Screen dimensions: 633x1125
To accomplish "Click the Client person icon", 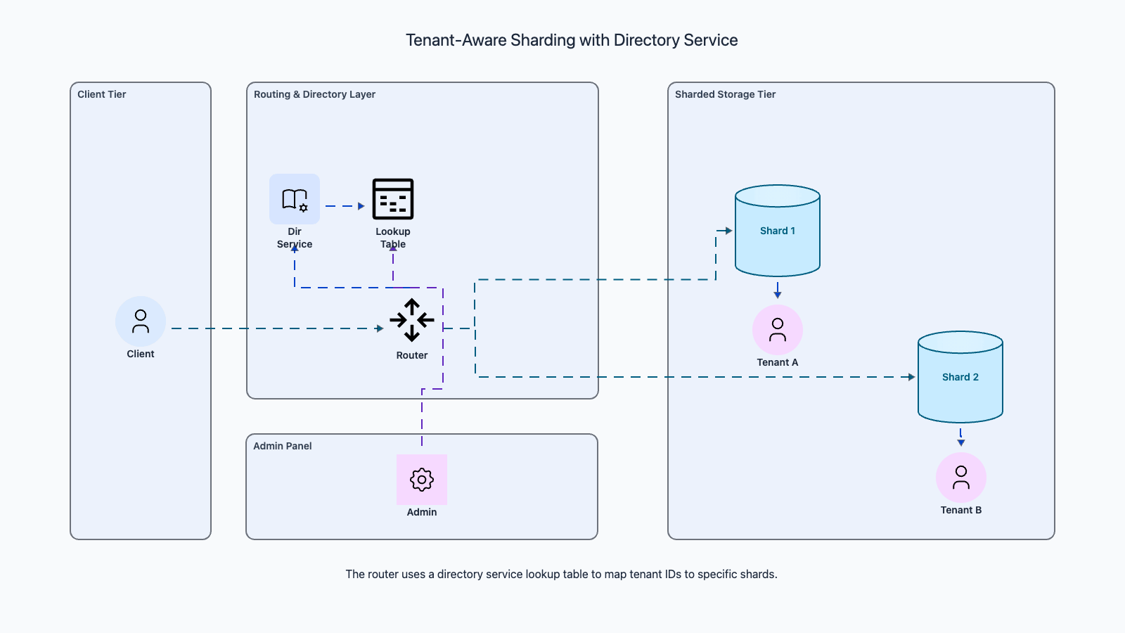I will [141, 321].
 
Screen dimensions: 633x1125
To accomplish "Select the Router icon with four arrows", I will [412, 320].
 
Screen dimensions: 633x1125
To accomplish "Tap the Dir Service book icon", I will [295, 199].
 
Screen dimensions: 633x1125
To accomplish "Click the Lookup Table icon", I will [393, 199].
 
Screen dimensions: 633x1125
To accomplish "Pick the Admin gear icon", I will [422, 480].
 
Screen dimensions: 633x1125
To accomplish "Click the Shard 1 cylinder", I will [778, 231].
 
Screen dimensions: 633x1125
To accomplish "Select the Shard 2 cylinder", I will [960, 377].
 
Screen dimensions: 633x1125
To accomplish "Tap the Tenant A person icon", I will [778, 330].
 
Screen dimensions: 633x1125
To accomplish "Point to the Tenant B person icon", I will [961, 478].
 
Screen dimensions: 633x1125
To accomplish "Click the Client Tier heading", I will [102, 94].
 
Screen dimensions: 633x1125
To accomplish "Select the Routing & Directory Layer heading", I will [314, 94].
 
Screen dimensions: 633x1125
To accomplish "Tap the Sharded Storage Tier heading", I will [725, 94].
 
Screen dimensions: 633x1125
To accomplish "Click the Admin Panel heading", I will [283, 446].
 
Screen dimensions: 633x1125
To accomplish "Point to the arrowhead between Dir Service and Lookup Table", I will [361, 206].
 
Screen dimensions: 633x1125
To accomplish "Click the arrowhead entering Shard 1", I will [729, 231].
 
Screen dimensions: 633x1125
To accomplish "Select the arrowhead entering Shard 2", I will [912, 377].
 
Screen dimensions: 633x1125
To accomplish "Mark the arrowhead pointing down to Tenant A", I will [778, 295].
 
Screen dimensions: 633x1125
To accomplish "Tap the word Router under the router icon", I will [412, 355].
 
